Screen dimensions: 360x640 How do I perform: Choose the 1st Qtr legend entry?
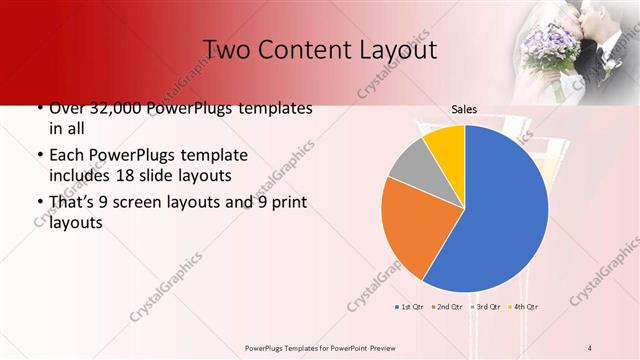click(x=411, y=307)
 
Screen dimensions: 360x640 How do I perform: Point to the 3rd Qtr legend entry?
click(x=485, y=307)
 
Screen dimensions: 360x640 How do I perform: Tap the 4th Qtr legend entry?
click(x=523, y=307)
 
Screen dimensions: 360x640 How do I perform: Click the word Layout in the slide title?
click(x=394, y=49)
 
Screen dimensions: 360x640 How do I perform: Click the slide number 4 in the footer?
click(x=590, y=347)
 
